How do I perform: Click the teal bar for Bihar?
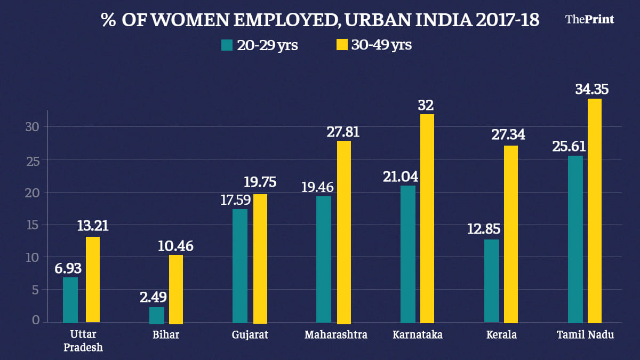click(x=157, y=315)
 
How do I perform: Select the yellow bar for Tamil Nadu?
click(x=595, y=211)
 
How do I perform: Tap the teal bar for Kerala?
click(x=492, y=281)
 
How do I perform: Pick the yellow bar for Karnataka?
click(x=427, y=219)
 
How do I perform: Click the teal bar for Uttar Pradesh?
click(x=70, y=300)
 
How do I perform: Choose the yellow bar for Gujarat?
click(x=260, y=259)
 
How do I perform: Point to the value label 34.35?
click(x=591, y=89)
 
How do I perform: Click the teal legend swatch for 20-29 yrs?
click(x=227, y=45)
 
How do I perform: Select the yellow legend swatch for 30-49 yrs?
click(x=341, y=45)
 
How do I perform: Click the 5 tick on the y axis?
click(x=35, y=290)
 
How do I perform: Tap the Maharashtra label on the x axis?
click(x=337, y=335)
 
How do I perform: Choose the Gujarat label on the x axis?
click(x=250, y=335)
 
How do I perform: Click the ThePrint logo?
click(x=589, y=19)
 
